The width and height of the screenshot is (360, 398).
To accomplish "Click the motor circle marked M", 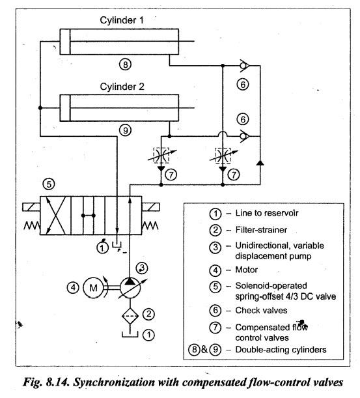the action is click(x=93, y=287).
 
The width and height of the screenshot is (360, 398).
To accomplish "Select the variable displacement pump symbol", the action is click(x=130, y=287).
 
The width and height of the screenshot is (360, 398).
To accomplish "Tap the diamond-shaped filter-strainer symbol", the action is click(x=130, y=315).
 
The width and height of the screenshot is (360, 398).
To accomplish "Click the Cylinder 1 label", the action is click(x=122, y=20).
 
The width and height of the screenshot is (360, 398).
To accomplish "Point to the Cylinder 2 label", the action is click(x=122, y=87).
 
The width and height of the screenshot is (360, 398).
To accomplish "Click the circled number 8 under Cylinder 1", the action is click(x=126, y=64).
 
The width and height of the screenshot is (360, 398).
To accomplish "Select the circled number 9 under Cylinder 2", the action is click(x=126, y=130).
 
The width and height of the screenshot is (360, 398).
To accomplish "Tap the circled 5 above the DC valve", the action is click(x=49, y=184).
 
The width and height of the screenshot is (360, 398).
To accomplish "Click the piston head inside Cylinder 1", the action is click(x=65, y=42).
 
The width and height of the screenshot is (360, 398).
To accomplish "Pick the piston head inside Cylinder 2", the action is click(x=65, y=108).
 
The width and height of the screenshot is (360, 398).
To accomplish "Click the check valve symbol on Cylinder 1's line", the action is click(x=244, y=66).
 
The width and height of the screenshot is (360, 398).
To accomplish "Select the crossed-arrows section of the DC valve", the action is click(x=55, y=216).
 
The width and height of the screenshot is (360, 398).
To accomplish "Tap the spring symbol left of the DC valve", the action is click(x=32, y=225).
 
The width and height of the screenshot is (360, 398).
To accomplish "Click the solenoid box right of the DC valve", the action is click(x=150, y=207).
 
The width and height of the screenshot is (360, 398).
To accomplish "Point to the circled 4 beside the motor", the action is click(x=73, y=287).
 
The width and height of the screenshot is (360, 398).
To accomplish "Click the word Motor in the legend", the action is click(x=246, y=270).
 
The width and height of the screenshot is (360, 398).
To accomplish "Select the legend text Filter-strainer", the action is click(x=261, y=230).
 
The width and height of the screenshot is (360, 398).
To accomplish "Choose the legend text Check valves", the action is click(x=261, y=311).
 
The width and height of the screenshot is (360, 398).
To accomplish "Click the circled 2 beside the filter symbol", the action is click(x=148, y=314).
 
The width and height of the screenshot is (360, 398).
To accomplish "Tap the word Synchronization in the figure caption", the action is click(x=114, y=382).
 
